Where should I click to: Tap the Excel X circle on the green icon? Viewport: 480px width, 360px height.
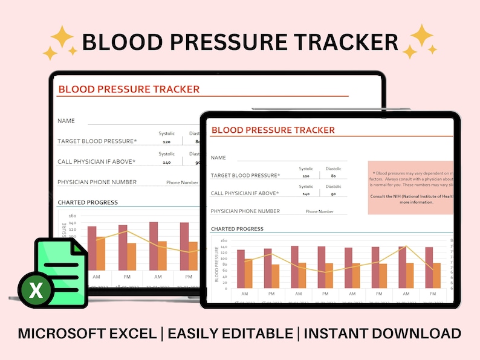36,291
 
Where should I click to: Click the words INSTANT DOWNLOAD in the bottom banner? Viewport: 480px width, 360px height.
382,333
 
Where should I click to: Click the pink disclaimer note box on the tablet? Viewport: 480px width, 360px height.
411,187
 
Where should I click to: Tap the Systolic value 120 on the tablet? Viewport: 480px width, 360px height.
306,176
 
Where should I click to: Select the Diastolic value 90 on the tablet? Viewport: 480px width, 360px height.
334,194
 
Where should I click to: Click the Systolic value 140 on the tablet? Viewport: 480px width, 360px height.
306,194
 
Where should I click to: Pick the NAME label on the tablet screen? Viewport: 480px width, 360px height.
218,158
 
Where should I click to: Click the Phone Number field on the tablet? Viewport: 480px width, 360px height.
319,211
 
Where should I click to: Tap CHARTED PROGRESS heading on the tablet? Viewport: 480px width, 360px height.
237,229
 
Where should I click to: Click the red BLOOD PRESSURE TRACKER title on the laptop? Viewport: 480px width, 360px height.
128,89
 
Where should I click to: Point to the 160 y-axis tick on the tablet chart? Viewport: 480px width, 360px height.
223,240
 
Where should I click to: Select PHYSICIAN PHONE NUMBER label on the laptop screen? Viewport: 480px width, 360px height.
97,182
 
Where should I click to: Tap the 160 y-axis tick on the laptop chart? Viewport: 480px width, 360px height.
72,215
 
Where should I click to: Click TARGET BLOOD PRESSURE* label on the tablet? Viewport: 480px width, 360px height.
245,175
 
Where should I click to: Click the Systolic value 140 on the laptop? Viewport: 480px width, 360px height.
166,162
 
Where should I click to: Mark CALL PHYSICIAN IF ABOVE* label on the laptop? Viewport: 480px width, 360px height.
96,161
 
